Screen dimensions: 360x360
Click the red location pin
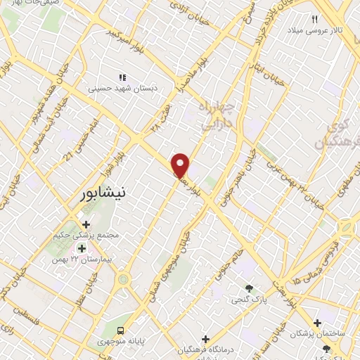tap(181, 165)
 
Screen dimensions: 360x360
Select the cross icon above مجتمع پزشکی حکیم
tap(86, 224)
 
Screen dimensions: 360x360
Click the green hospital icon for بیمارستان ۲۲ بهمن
tap(82, 248)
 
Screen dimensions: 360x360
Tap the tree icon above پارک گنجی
tap(249, 288)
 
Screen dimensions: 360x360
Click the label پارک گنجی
tap(249, 300)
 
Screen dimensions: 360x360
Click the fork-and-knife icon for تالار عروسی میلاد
tap(314, 20)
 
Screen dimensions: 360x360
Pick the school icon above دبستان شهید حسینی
tap(122, 77)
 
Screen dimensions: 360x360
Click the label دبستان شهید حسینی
tap(118, 89)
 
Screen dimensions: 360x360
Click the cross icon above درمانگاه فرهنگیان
tap(205, 340)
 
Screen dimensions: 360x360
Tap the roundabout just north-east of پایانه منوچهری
tap(124, 280)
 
